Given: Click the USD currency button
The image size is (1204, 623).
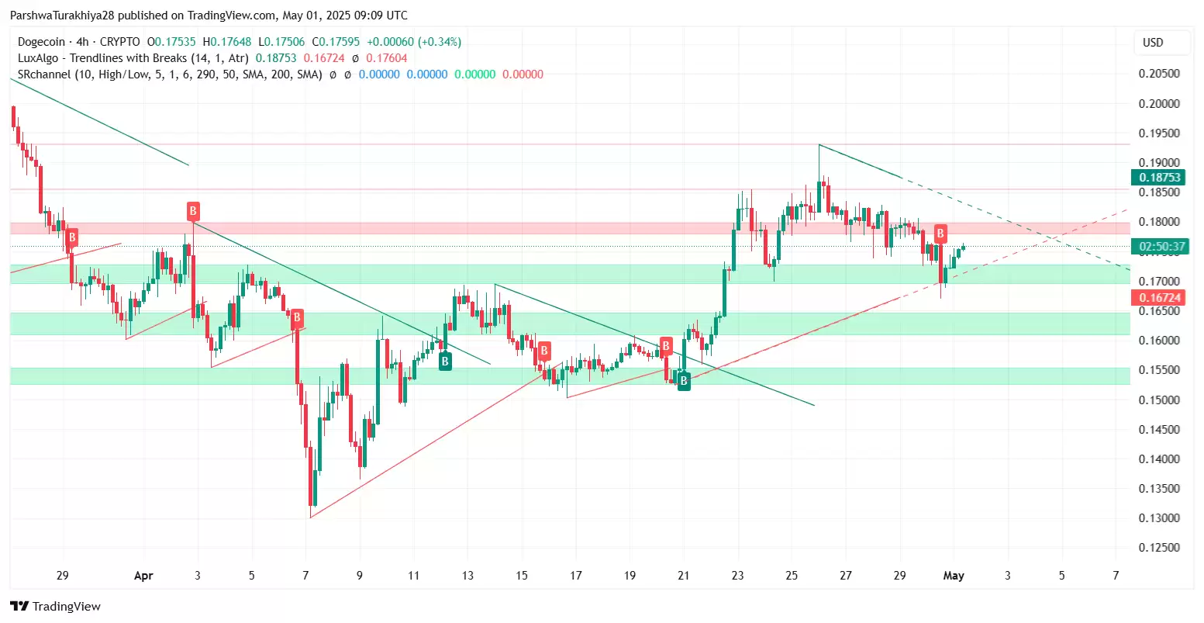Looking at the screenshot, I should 1153,43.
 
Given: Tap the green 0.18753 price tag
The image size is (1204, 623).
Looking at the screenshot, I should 1160,178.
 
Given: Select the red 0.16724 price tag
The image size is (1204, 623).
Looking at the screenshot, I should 1160,298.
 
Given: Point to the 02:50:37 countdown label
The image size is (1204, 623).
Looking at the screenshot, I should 1160,247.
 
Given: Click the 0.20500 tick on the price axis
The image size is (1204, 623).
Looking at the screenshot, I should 1159,74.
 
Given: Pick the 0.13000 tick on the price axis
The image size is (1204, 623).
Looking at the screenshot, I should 1159,518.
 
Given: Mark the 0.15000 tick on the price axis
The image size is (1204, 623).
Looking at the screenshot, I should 1159,400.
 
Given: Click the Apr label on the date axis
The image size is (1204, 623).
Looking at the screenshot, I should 143,576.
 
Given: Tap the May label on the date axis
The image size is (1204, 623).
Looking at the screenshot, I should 953,576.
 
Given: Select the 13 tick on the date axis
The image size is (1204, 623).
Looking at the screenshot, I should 467,576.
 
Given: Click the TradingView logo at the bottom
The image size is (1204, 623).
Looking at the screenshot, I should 56,607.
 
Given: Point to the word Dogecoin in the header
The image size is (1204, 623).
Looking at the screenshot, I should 43,42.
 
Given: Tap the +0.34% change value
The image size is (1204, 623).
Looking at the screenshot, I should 440,42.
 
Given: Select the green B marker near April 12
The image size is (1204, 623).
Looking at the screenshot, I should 445,361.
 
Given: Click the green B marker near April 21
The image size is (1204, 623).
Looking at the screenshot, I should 684,381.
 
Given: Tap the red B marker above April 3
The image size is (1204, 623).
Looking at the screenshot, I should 193,210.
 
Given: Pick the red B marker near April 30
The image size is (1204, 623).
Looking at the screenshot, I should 940,233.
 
